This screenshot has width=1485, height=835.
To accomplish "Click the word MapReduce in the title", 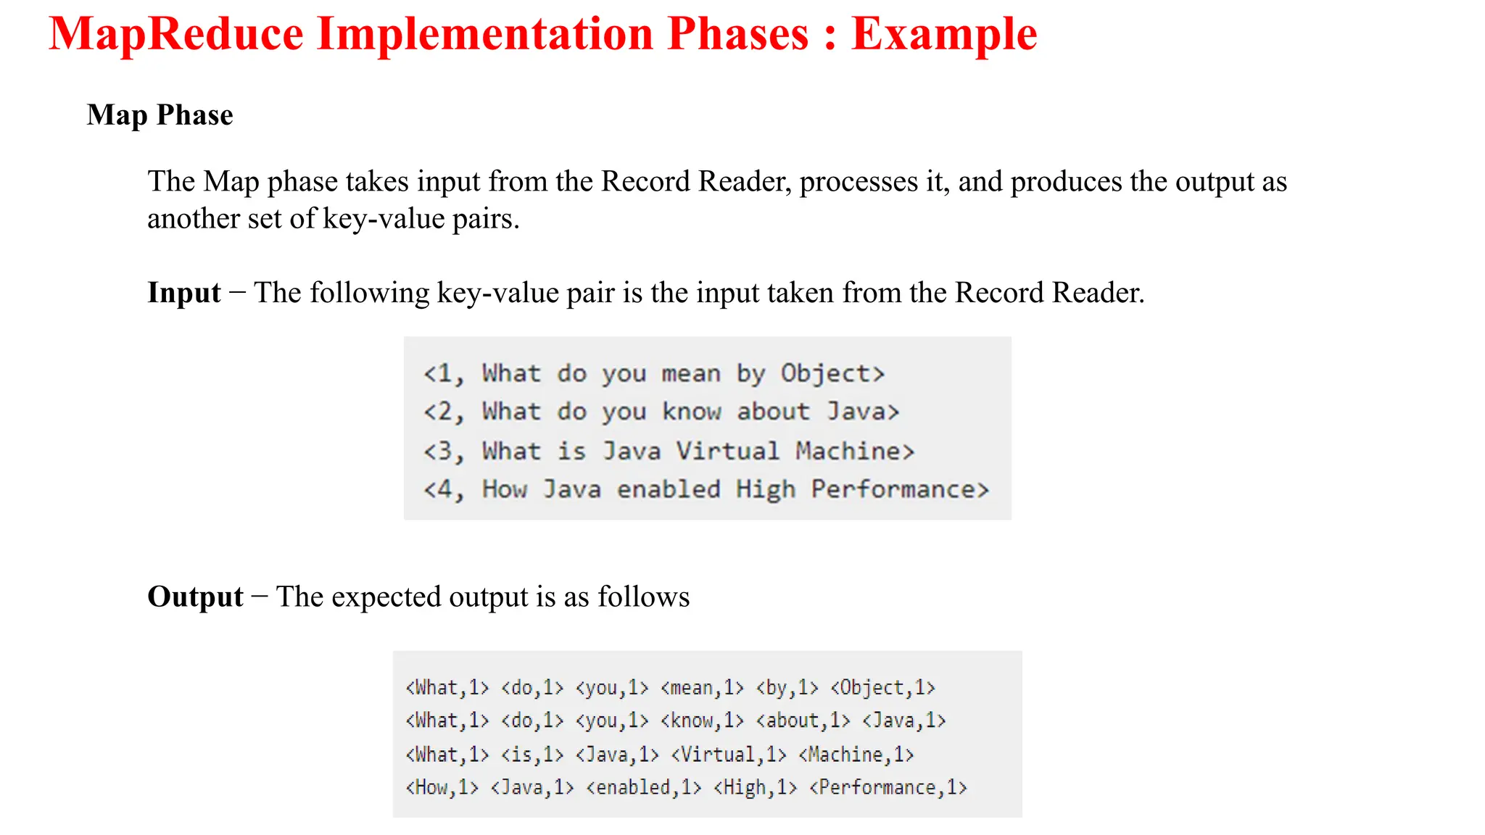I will (x=176, y=34).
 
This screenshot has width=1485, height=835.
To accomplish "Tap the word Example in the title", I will (x=944, y=34).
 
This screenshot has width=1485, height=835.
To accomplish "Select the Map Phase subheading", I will (x=160, y=115).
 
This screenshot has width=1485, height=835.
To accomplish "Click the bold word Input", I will (x=184, y=293).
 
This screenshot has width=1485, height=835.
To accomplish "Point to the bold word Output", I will (x=195, y=597).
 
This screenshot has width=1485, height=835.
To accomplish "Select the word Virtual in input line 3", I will (x=727, y=451).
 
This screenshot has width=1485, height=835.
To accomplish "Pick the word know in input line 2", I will (x=692, y=412).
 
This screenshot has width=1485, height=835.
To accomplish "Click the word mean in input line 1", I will (x=691, y=373).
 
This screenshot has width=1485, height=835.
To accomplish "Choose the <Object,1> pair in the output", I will (x=882, y=687).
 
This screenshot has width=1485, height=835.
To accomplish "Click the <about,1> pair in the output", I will (x=803, y=720).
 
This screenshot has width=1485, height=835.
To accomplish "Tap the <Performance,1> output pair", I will (x=888, y=788).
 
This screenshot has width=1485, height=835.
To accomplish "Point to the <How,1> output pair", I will (x=442, y=788).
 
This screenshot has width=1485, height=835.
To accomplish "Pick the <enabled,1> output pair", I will (x=644, y=788).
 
